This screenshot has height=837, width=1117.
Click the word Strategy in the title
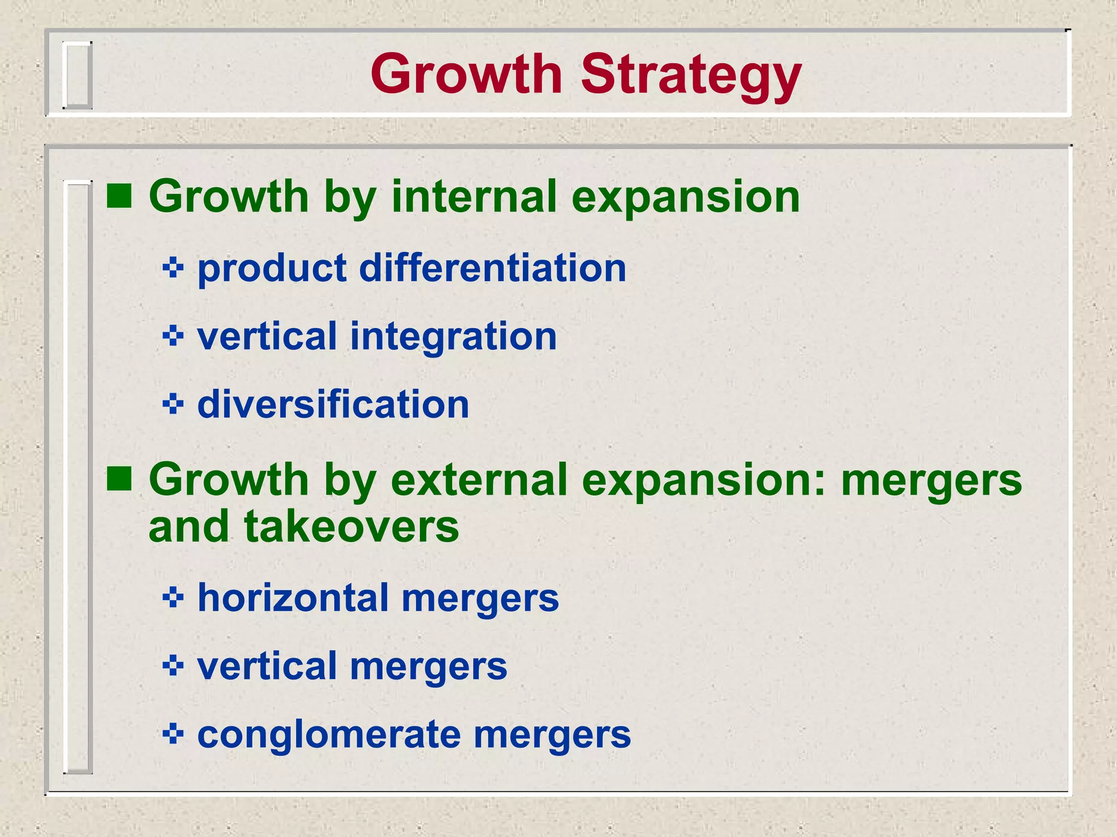690,75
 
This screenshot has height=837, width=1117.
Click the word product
272,270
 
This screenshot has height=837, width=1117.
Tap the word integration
453,336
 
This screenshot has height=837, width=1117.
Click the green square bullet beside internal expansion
119,196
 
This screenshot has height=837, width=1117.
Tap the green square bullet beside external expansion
119,479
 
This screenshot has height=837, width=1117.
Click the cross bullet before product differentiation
173,268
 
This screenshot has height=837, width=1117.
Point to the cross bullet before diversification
173,404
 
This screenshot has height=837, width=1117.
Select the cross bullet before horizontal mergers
173,598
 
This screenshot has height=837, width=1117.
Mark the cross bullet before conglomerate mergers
173,734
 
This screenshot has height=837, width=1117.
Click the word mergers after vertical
428,667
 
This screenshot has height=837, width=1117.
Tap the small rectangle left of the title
77,75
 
